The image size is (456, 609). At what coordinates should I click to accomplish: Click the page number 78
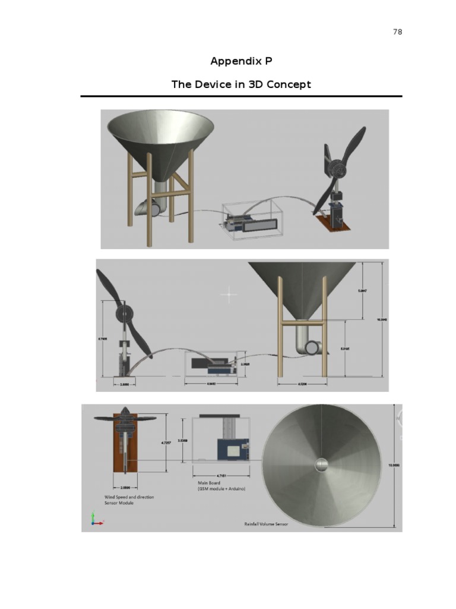(x=397, y=32)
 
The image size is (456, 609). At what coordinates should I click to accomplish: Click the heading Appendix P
(x=241, y=61)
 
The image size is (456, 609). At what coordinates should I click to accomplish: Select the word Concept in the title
(x=288, y=84)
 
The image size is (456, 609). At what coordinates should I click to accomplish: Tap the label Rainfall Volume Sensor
(x=266, y=524)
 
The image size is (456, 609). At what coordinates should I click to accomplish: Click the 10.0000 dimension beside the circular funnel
(x=393, y=466)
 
